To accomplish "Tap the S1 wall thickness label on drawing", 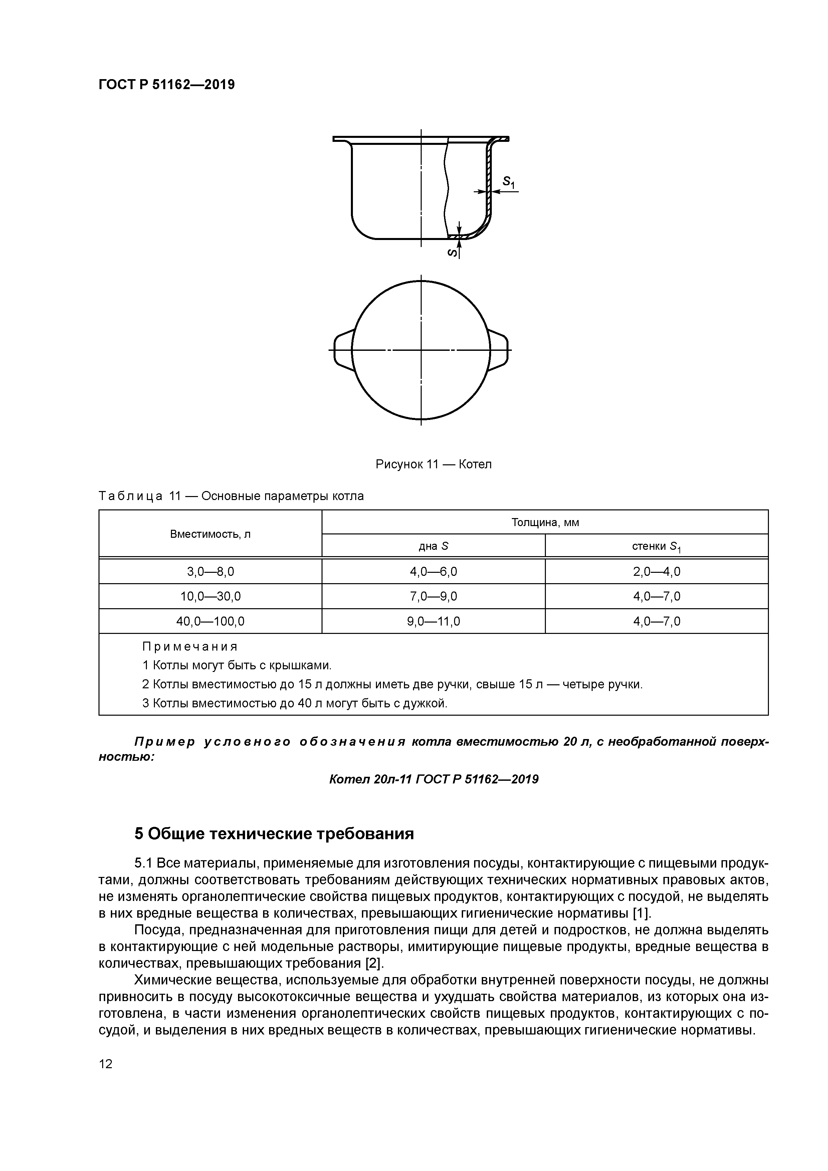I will [508, 182].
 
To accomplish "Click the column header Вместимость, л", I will [210, 534].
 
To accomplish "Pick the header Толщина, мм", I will [545, 522].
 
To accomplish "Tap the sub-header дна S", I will [433, 546].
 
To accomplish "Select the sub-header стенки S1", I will [657, 547].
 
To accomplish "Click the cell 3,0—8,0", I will [210, 572].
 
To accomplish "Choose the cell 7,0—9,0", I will [433, 596].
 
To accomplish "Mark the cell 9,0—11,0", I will [433, 621].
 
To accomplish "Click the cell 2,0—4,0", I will [657, 572].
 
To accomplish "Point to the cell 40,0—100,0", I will [210, 621].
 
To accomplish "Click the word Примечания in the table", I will [190, 647].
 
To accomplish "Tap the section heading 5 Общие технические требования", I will [274, 834].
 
